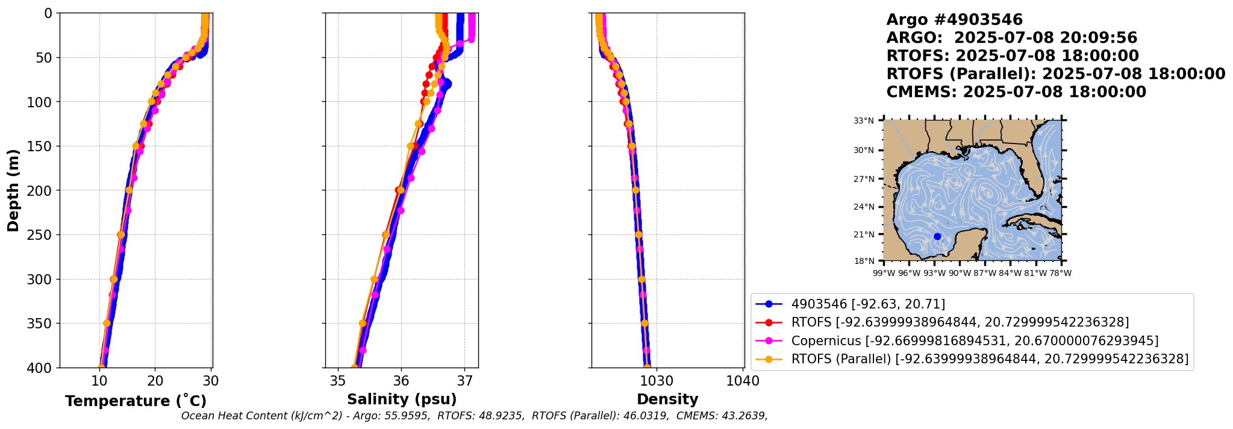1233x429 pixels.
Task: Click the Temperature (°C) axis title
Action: click(136, 401)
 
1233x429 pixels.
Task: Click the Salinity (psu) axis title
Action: click(402, 399)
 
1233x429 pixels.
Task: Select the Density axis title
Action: click(667, 399)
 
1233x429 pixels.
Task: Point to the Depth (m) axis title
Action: click(13, 190)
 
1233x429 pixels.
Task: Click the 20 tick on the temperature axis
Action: click(155, 381)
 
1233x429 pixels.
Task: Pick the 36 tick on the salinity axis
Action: click(401, 381)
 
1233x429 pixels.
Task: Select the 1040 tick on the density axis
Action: click(743, 381)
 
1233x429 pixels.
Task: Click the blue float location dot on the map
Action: click(937, 236)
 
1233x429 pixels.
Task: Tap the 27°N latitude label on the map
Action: click(864, 179)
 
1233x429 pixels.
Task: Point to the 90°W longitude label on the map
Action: click(960, 274)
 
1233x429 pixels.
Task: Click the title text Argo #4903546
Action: click(954, 20)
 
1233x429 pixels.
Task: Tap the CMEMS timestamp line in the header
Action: click(1016, 92)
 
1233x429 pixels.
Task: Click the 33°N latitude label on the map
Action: click(864, 121)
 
